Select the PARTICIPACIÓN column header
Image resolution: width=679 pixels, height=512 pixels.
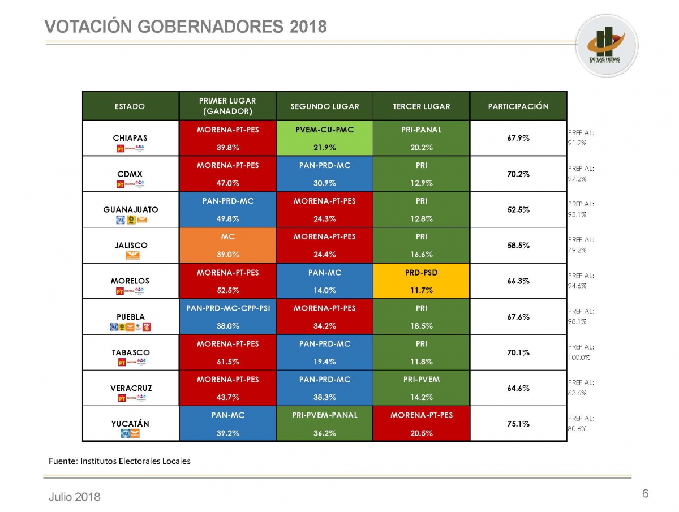518,106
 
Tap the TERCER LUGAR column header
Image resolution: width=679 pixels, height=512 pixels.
422,106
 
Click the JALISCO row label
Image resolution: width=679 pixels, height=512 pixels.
131,246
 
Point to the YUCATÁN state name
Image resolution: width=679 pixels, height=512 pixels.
131,424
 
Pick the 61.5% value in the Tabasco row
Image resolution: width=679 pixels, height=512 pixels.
227,362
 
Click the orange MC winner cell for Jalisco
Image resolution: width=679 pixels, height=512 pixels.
227,246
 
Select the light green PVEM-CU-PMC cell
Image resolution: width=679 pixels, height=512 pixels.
325,138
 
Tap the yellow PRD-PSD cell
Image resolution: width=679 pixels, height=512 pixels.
422,281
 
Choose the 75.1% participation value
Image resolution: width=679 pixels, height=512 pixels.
518,424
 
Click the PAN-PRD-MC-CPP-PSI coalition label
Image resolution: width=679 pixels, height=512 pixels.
227,308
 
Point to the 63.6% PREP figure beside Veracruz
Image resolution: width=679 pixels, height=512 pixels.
577,393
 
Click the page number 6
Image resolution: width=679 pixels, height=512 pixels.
645,494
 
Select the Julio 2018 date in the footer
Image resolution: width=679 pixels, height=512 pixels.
74,497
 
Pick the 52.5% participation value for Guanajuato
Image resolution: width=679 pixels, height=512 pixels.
518,209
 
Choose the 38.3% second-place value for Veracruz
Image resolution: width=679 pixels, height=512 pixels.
325,397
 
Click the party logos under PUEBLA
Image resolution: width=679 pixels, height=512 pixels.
131,327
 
